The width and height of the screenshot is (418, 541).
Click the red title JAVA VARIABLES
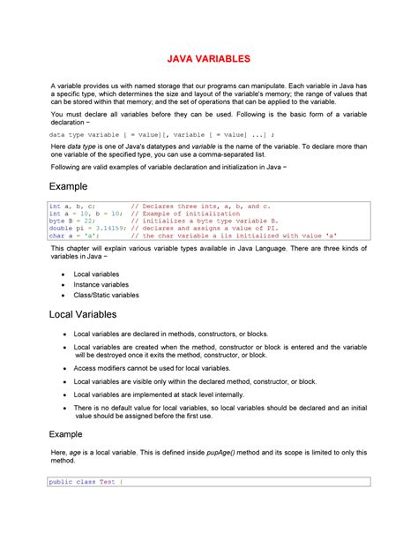pyautogui.click(x=209, y=58)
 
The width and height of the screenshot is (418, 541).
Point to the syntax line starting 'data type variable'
pyautogui.click(x=141, y=135)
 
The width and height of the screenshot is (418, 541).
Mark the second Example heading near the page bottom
pyautogui.click(x=65, y=434)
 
